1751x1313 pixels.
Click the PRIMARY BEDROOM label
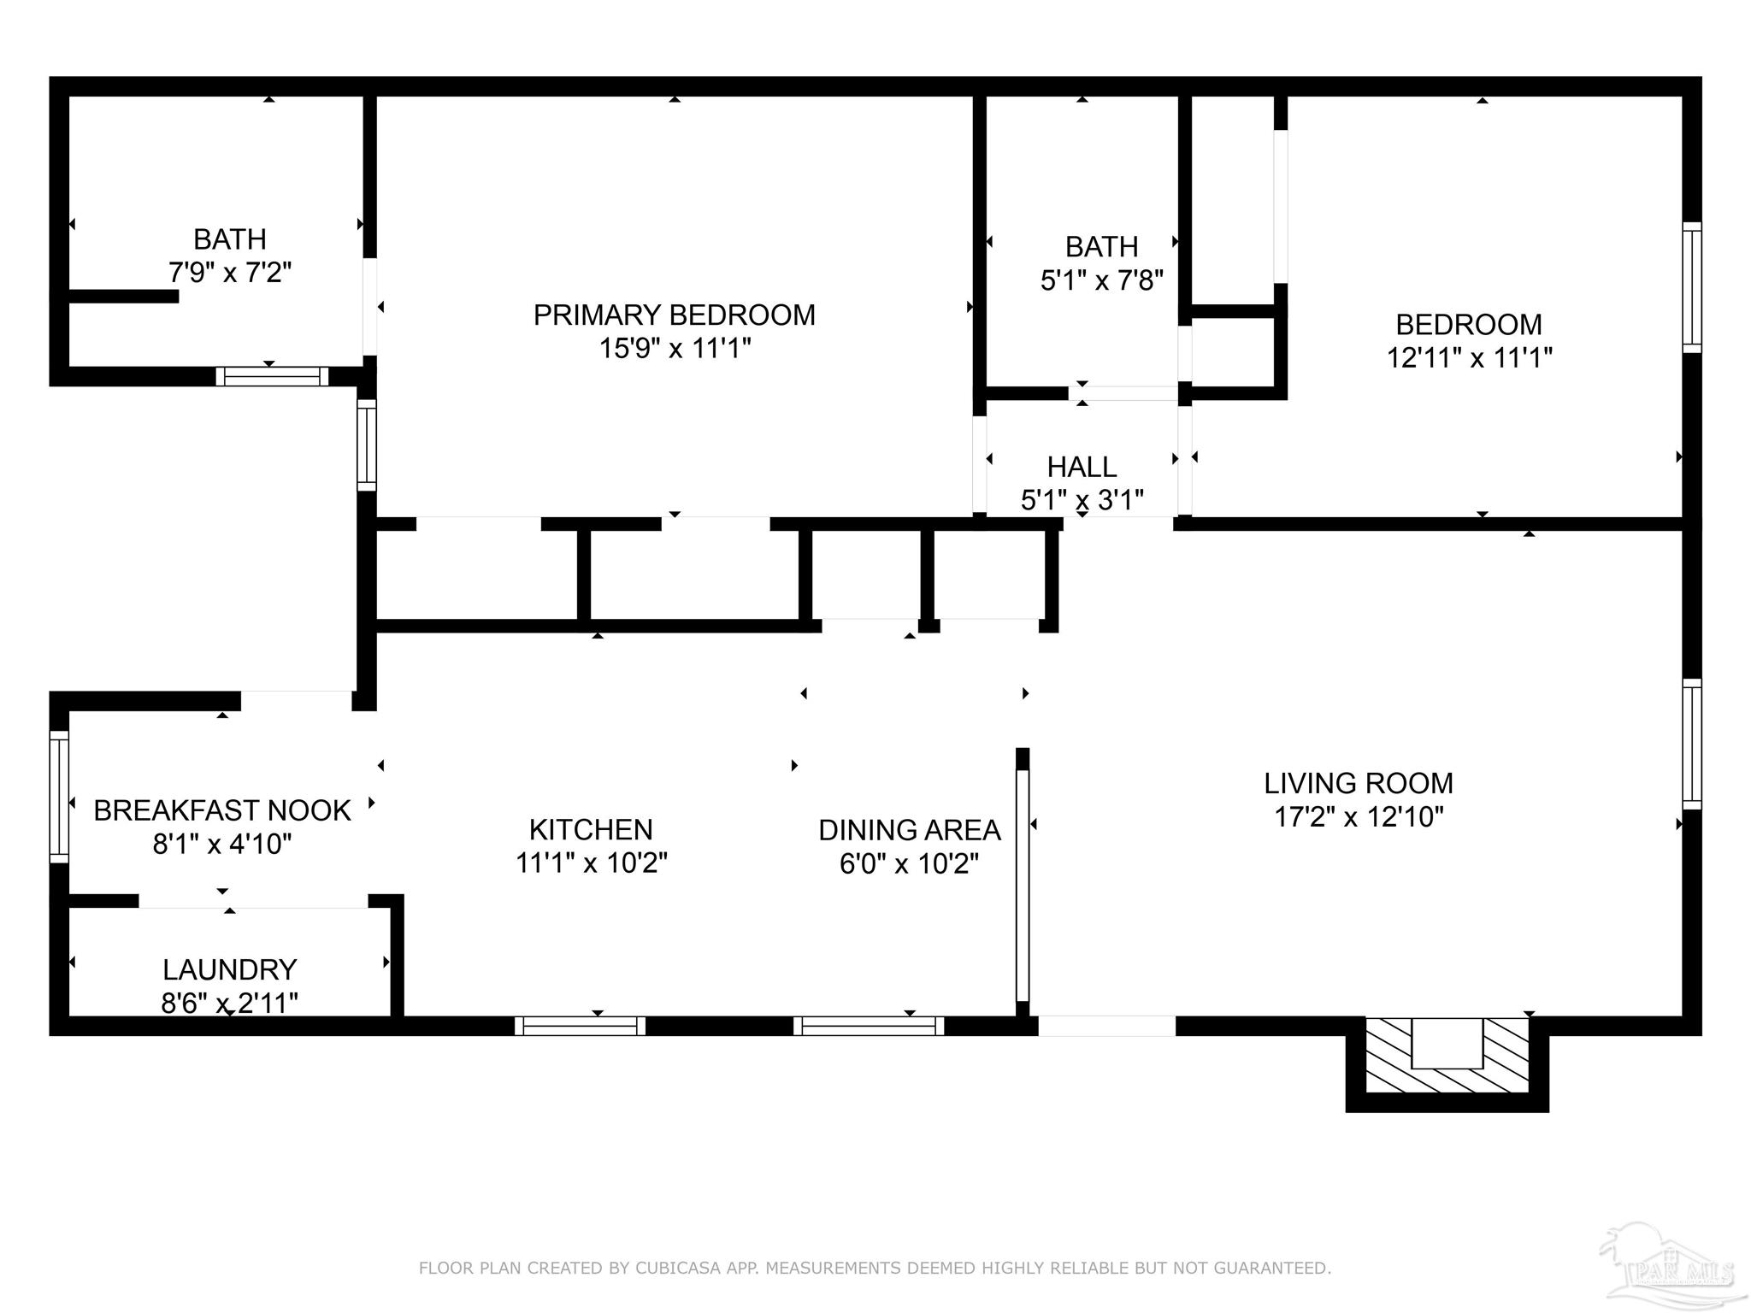(x=674, y=315)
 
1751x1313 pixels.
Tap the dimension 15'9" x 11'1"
(x=674, y=349)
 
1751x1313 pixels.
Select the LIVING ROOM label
(x=1359, y=783)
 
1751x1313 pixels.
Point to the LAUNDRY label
(x=229, y=969)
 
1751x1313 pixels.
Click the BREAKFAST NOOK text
(x=221, y=810)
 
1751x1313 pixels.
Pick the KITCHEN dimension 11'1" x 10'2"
(x=591, y=863)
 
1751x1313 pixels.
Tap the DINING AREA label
(x=909, y=830)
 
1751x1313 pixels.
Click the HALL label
(x=1082, y=467)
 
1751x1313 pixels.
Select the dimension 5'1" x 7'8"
(x=1101, y=280)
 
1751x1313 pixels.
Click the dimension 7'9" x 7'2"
(x=229, y=273)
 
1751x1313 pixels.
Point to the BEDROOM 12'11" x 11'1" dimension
(x=1468, y=357)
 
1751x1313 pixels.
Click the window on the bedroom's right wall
(x=1691, y=287)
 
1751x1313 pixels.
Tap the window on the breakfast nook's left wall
(x=59, y=797)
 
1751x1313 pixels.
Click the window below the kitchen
(x=581, y=1026)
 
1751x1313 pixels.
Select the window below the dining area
(x=869, y=1026)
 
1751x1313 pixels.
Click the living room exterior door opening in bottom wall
(x=1106, y=1026)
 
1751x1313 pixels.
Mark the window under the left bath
(x=272, y=376)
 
